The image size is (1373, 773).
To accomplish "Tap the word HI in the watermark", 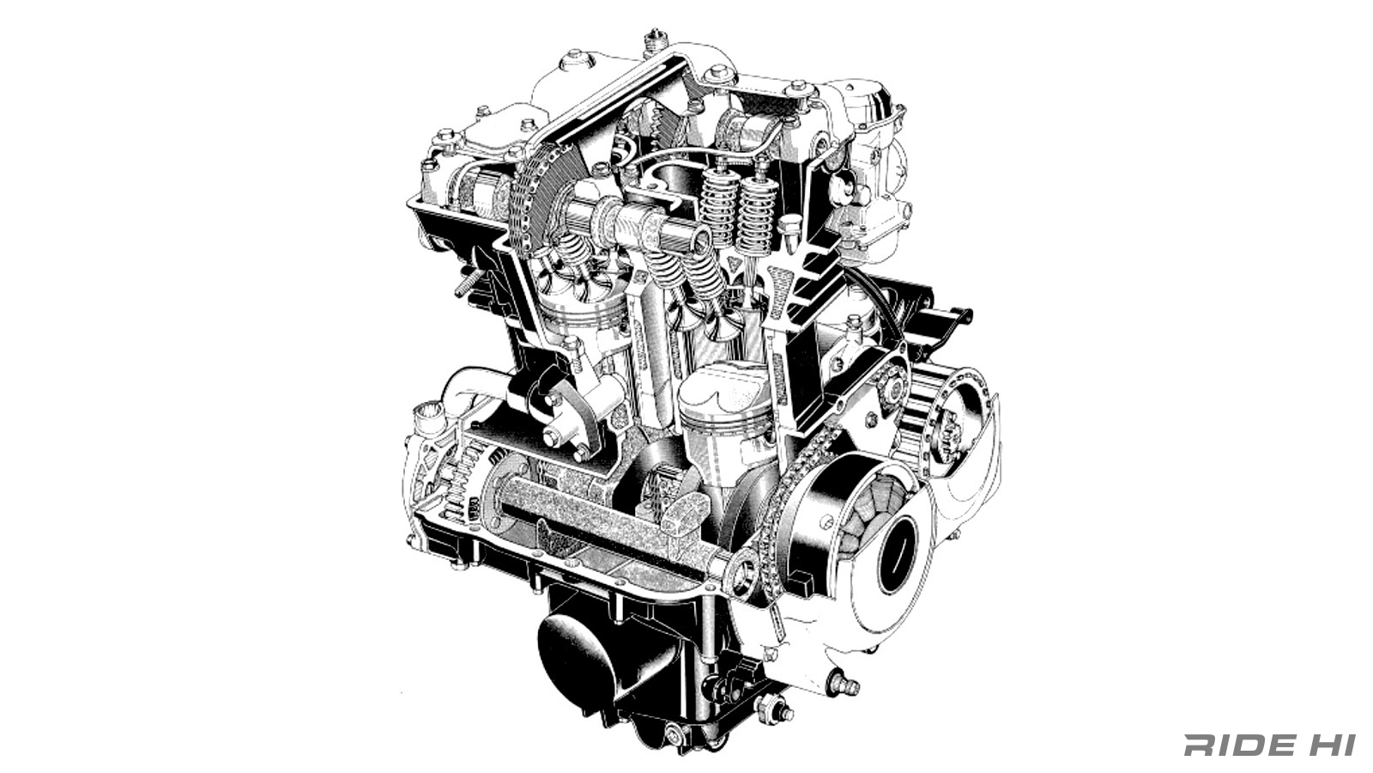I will [1332, 745].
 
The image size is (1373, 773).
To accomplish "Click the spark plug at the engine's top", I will [656, 39].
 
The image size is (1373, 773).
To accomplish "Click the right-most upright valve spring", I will [758, 215].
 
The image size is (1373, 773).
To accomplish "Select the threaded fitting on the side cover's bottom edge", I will [844, 685].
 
